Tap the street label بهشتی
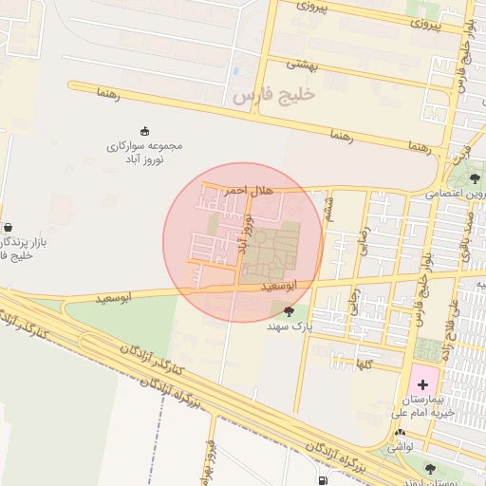point(306,64)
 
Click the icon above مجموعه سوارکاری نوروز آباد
point(144,131)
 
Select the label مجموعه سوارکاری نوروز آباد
point(144,153)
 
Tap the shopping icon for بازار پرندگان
point(9,228)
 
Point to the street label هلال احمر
point(249,190)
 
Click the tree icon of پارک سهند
point(289,310)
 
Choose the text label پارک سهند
point(290,326)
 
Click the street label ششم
point(329,205)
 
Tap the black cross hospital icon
point(422,384)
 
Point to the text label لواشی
point(400,446)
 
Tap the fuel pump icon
point(326,480)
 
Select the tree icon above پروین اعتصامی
point(475,178)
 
